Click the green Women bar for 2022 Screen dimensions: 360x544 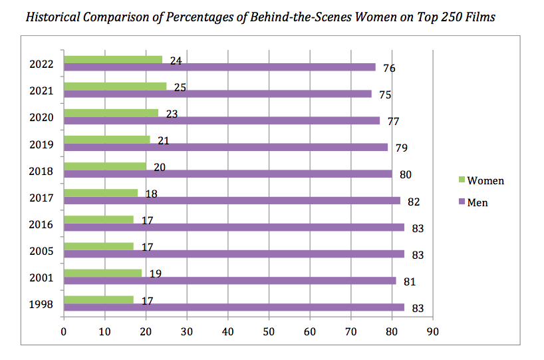point(113,59)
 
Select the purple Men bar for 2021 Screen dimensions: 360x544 point(217,94)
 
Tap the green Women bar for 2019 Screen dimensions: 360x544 point(107,139)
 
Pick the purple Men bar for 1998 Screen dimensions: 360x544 point(234,307)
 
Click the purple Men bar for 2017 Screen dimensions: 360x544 point(232,200)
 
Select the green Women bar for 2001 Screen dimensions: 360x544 point(103,273)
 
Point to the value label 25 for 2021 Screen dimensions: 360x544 point(180,88)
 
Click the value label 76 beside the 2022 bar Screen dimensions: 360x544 point(389,68)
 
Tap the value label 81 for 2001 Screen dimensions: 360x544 point(409,281)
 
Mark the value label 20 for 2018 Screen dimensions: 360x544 point(159,168)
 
